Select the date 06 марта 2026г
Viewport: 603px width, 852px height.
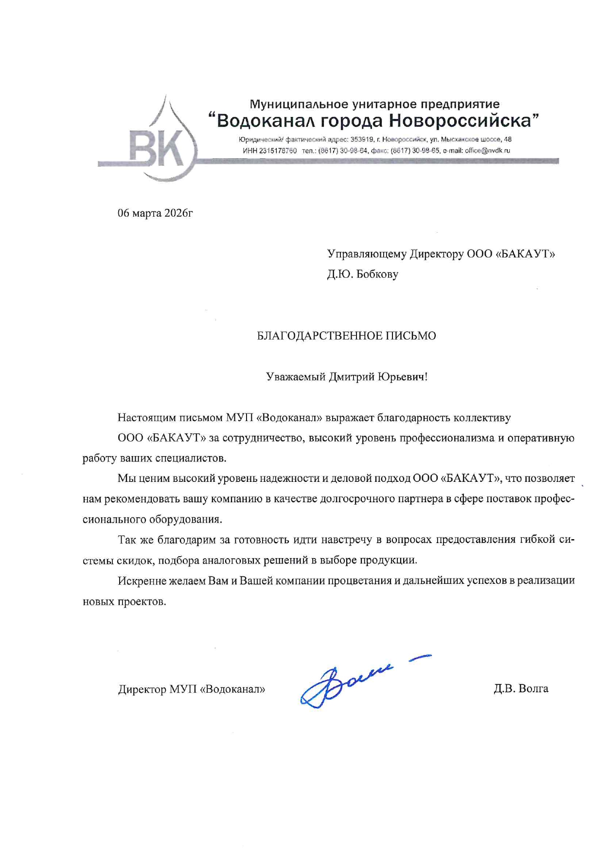(x=155, y=213)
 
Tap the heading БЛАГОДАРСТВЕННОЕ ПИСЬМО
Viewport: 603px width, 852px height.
(x=346, y=336)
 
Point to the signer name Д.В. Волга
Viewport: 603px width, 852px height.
(x=521, y=688)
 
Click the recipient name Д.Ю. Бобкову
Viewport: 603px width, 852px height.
(x=362, y=274)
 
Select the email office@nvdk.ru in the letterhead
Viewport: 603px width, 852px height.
(x=487, y=151)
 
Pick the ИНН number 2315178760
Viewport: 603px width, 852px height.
(x=278, y=151)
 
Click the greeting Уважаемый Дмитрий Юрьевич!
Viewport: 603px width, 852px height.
(x=347, y=376)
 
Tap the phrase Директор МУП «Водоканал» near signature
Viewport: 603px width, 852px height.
(x=192, y=689)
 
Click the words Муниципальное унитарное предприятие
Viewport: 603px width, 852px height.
(x=374, y=104)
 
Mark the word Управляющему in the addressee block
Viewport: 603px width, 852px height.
(x=366, y=254)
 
